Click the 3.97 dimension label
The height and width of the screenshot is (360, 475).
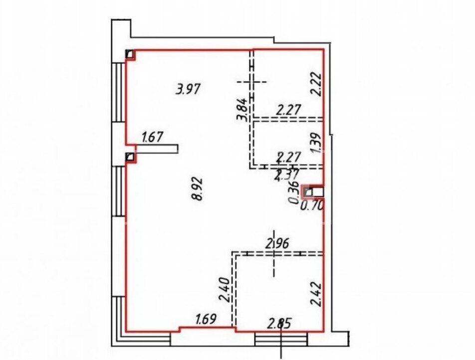(x=188, y=90)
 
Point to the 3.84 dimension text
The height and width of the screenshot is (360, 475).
(x=242, y=109)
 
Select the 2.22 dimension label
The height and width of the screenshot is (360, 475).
(x=316, y=84)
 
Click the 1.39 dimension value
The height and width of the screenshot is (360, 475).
(x=316, y=143)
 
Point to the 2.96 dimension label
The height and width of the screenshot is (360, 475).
(x=278, y=243)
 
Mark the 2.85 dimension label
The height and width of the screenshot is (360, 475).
(x=279, y=323)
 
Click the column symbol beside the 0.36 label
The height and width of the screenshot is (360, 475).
(x=308, y=192)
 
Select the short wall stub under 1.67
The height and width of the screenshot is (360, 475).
(x=157, y=149)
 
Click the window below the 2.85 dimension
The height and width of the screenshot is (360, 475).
(x=281, y=339)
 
